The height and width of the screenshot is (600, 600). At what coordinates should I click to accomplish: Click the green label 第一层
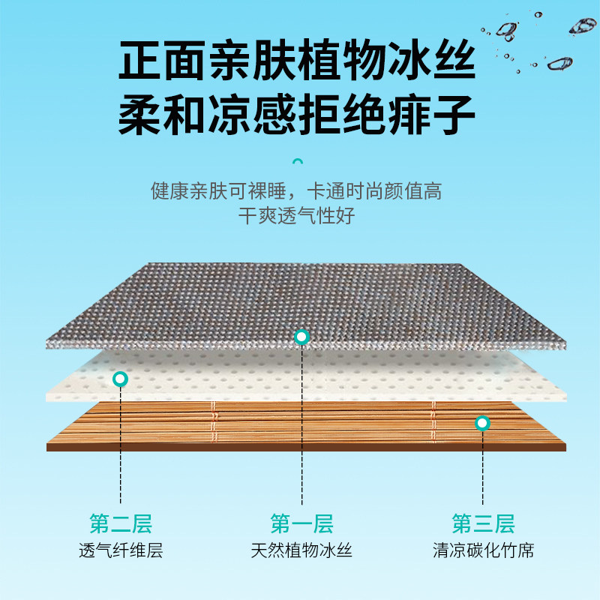pyautogui.click(x=301, y=523)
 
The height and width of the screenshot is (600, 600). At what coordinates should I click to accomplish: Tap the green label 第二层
pyautogui.click(x=120, y=523)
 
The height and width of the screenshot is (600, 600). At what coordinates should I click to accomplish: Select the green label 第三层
pyautogui.click(x=483, y=523)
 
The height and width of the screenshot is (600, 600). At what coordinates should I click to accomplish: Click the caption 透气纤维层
pyautogui.click(x=120, y=551)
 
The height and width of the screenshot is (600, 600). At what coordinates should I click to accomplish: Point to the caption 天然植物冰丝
pyautogui.click(x=301, y=551)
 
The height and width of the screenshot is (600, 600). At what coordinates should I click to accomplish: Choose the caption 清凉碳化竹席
pyautogui.click(x=483, y=551)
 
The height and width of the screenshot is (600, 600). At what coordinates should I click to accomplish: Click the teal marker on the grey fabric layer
pyautogui.click(x=301, y=337)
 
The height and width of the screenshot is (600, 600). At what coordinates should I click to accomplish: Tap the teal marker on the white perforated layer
pyautogui.click(x=119, y=379)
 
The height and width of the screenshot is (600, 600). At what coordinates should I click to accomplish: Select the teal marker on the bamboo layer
pyautogui.click(x=482, y=423)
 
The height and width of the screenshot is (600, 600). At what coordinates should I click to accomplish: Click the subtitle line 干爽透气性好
pyautogui.click(x=296, y=217)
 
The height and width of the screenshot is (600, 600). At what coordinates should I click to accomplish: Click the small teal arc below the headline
pyautogui.click(x=298, y=160)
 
